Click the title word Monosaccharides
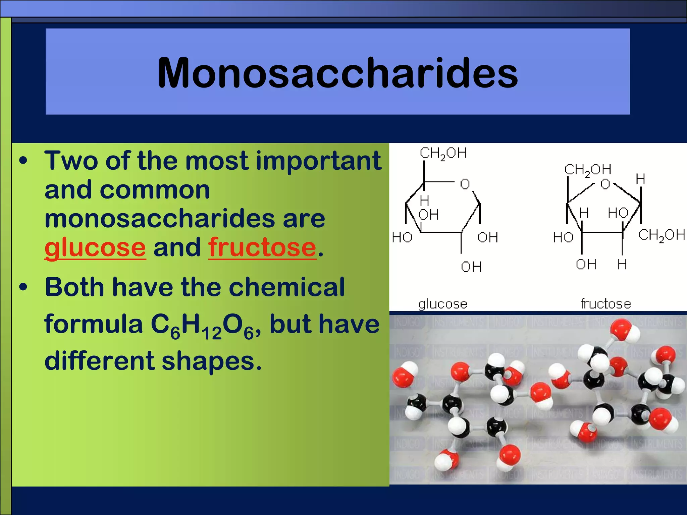(x=337, y=73)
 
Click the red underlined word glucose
(x=95, y=247)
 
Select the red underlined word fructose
(x=262, y=247)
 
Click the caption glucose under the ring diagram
(x=442, y=304)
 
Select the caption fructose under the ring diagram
(x=605, y=304)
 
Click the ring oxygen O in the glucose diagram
(x=465, y=184)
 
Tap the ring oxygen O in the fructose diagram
(x=605, y=184)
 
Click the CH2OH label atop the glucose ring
(x=443, y=153)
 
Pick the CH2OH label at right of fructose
(x=661, y=235)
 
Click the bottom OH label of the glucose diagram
(x=471, y=267)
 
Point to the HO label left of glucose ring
(x=402, y=237)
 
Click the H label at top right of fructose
(x=640, y=179)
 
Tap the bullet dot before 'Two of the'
(x=23, y=161)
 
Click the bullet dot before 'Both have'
(x=23, y=287)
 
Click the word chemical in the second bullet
(x=286, y=287)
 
